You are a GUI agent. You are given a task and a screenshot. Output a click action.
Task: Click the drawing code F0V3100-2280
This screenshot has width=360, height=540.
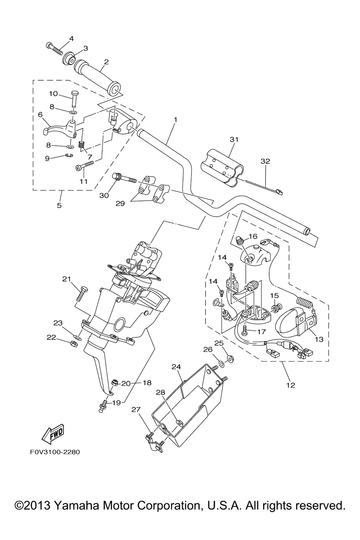coord(54,452)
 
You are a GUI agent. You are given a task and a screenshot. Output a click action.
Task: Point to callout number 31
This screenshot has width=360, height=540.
coord(234,140)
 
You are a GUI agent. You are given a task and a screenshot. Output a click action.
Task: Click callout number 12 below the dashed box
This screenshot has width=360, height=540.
coord(290,385)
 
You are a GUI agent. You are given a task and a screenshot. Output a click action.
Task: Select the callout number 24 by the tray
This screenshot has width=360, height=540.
coord(176,367)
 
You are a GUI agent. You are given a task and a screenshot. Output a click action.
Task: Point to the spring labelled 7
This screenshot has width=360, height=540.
coord(83,144)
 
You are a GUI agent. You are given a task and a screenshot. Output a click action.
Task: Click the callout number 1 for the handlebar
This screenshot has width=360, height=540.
coord(175,120)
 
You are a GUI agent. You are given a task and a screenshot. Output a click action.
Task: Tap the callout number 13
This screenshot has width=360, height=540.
coord(319,339)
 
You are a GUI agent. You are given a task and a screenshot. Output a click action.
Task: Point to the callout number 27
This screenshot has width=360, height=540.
coord(136,410)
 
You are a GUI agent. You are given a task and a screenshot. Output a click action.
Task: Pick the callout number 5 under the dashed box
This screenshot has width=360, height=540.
coord(59,205)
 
